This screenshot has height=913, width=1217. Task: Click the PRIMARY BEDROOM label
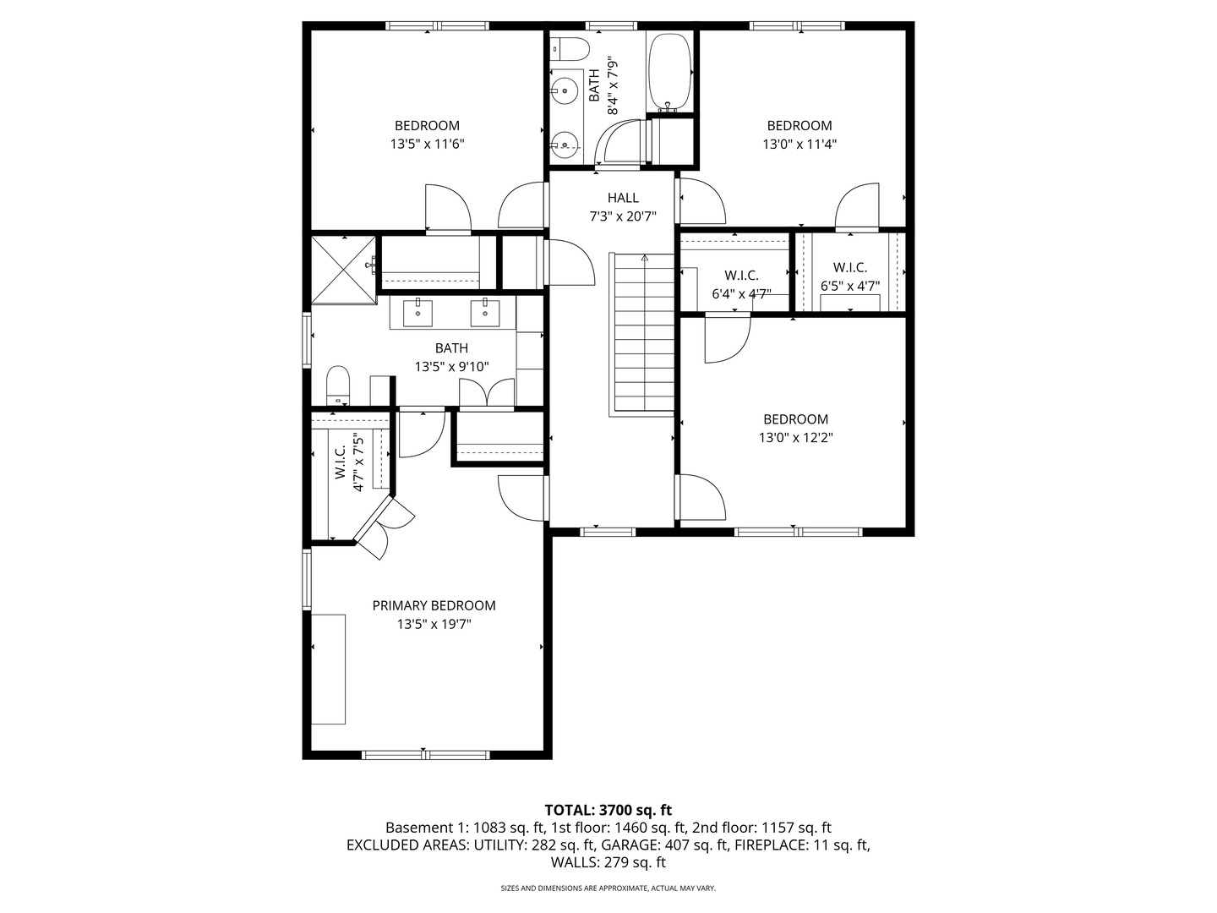434,605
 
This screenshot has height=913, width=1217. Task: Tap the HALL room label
623,198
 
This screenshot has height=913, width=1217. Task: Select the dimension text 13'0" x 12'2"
795,438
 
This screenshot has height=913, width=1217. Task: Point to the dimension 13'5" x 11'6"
427,145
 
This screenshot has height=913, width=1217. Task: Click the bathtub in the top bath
669,72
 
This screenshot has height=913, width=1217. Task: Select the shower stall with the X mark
342,269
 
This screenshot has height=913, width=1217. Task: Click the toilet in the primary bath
338,385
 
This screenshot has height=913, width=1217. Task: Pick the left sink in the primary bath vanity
418,312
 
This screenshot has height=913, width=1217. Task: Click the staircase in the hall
642,334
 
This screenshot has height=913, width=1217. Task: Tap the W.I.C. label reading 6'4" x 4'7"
741,285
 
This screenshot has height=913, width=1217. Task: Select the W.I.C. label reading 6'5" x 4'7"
850,276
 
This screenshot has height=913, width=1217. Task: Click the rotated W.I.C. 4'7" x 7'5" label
350,463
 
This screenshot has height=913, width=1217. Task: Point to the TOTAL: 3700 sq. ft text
608,810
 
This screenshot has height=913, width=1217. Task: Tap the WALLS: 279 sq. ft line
608,862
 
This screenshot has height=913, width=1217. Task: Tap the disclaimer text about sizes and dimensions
608,888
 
